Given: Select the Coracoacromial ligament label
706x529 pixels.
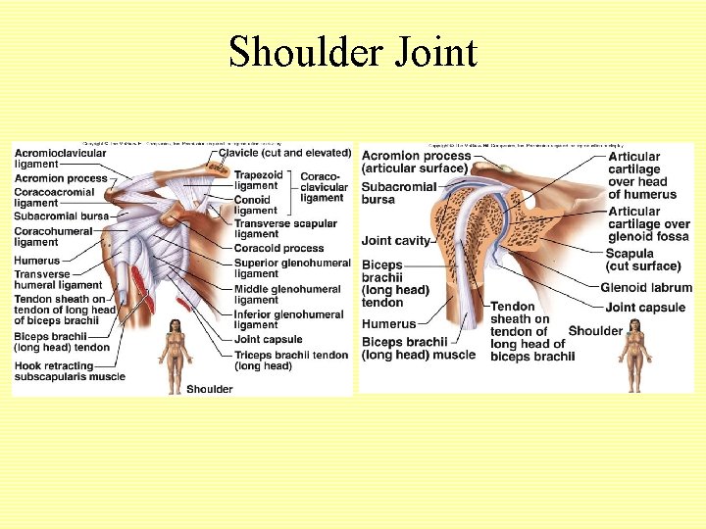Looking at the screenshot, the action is tap(54, 198).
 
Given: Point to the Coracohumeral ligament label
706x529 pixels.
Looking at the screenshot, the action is tap(53, 236).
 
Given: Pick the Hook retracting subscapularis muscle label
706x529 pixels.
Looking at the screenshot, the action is tap(70, 369).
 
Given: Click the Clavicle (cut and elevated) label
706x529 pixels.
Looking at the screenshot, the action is tap(284, 153).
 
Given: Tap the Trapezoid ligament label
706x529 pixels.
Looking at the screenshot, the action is tap(256, 180).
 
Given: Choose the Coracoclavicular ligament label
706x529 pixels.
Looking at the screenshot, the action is tap(324, 186).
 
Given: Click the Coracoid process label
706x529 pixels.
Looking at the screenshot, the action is tap(278, 248).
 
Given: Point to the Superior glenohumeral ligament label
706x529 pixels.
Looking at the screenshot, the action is tap(291, 267).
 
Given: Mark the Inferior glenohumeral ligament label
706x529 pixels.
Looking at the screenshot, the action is tap(288, 319).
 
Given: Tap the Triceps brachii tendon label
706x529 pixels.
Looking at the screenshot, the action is tap(290, 360).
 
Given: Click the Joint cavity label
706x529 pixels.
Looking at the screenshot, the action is tap(396, 241).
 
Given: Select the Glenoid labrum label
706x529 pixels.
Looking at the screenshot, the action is tap(646, 287).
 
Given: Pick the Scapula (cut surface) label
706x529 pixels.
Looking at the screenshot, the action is tap(642, 260).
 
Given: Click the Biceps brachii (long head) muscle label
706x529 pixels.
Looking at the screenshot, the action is tap(419, 348).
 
